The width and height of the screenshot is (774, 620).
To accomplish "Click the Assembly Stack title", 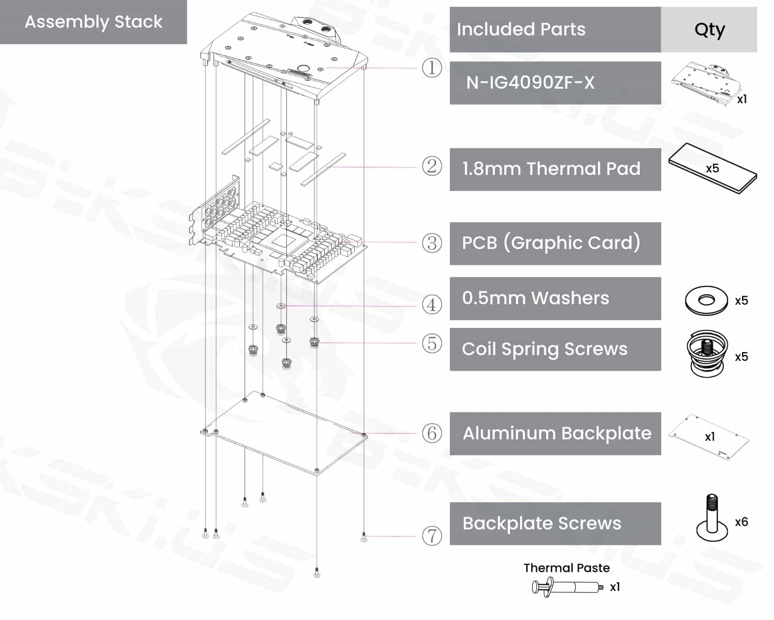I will click(x=93, y=22).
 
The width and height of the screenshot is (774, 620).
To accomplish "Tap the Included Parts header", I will click(x=521, y=30).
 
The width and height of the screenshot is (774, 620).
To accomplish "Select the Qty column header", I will click(x=709, y=30).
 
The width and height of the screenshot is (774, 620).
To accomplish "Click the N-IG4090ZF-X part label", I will click(x=530, y=83).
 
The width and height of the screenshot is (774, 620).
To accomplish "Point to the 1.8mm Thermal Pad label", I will click(x=551, y=169).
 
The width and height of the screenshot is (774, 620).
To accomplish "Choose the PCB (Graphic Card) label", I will click(x=551, y=243).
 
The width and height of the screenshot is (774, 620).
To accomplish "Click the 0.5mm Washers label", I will click(x=536, y=298).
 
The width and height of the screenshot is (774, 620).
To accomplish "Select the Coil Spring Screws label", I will click(x=545, y=349).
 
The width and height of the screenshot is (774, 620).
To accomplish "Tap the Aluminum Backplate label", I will click(x=557, y=434).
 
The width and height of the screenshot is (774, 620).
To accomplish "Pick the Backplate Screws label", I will click(x=542, y=524).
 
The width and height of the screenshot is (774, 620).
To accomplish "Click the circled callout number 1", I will click(x=432, y=68).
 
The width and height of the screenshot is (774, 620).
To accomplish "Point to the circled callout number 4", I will click(x=432, y=305).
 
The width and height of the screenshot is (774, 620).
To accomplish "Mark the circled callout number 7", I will click(x=432, y=536).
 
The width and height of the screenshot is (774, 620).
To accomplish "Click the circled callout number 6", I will click(x=432, y=433).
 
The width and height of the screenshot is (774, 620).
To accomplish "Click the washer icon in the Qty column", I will click(x=706, y=300).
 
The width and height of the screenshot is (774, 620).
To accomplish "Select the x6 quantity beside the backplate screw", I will click(x=741, y=522).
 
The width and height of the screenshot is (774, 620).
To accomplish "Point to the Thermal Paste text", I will click(x=566, y=568).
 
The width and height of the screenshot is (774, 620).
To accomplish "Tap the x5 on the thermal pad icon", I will click(x=713, y=169).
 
